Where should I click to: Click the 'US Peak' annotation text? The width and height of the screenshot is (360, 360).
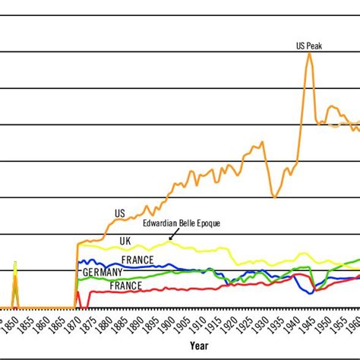pos(309,45)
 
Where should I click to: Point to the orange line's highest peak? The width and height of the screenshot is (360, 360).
pos(309,53)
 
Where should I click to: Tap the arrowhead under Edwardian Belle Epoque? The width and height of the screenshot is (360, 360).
pos(170,239)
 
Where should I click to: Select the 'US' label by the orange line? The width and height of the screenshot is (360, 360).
pos(120,213)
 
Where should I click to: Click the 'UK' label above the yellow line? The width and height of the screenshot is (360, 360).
pos(125,240)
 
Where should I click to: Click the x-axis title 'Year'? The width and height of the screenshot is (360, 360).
pos(199,346)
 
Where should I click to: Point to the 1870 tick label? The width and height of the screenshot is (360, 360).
pos(76,324)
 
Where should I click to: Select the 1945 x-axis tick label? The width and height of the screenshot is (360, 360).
pos(310,324)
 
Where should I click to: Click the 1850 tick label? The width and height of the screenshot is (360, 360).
pos(14,324)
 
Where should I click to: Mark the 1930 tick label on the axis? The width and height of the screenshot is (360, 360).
pos(263,324)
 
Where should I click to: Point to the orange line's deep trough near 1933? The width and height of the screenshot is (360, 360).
pos(274,197)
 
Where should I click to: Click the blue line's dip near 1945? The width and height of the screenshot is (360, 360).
pos(311,291)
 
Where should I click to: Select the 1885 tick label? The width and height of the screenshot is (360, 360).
pos(123,324)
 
